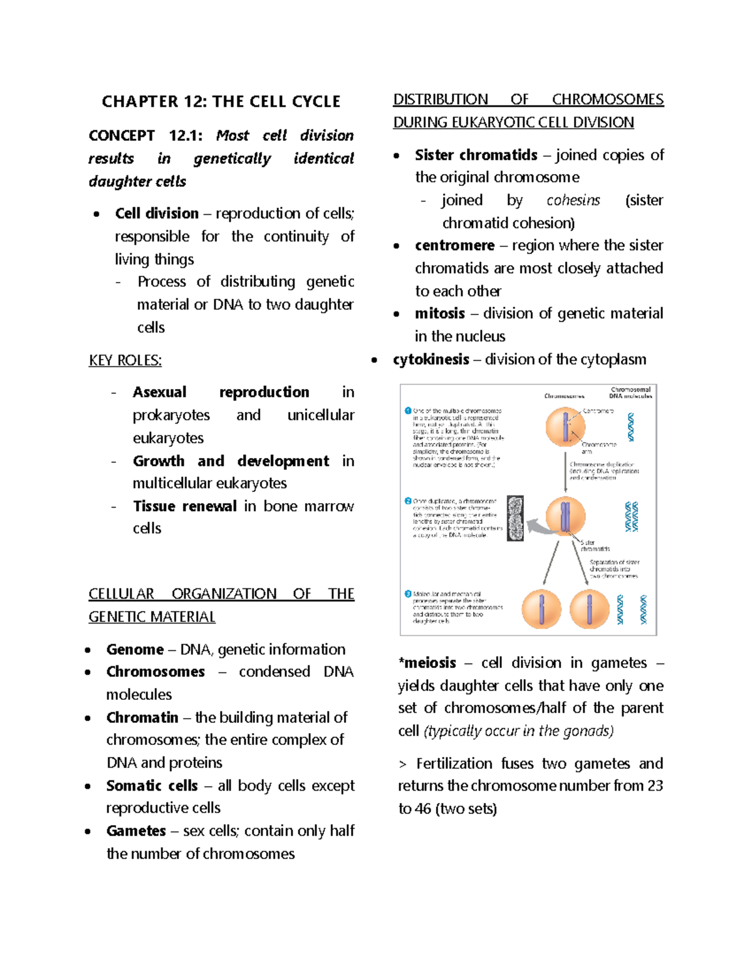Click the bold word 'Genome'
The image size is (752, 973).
click(135, 650)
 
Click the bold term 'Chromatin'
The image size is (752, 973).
click(142, 717)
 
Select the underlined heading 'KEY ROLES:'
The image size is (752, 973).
click(125, 361)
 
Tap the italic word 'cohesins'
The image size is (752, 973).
click(573, 200)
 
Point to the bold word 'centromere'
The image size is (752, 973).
click(454, 246)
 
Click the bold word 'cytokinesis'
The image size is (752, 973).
click(431, 360)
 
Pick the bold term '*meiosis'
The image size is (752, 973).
click(427, 663)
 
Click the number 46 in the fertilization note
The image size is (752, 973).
click(423, 809)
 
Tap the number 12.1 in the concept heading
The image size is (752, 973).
click(186, 136)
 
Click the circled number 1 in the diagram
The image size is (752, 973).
click(408, 411)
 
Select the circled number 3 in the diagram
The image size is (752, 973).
click(408, 594)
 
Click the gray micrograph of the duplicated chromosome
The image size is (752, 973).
click(515, 518)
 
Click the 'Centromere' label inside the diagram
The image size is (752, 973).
click(598, 411)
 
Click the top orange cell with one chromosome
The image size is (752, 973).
click(565, 427)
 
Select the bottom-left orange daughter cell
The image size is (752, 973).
click(541, 609)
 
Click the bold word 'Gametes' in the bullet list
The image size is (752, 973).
click(136, 831)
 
